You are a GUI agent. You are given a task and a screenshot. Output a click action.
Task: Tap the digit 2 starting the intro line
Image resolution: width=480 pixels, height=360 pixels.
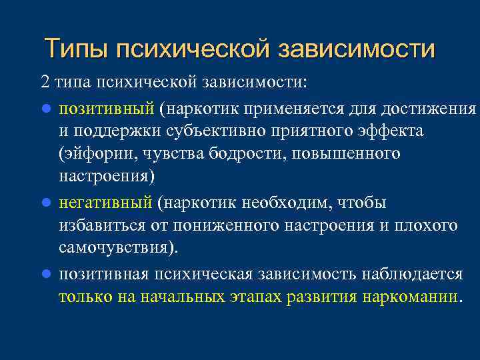45,82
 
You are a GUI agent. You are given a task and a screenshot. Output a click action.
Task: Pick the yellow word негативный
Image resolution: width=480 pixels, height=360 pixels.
107,202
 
